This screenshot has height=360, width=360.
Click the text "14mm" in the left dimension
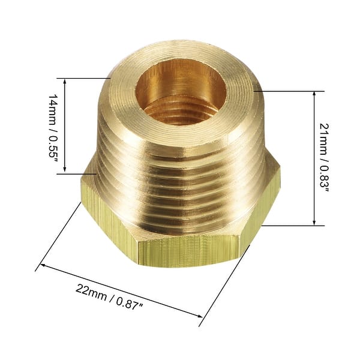pyautogui.click(x=53, y=105)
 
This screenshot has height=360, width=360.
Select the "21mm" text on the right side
pyautogui.click(x=325, y=137)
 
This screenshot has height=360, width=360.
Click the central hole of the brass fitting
pyautogui.click(x=180, y=93)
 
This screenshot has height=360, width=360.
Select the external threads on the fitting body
pyautogui.click(x=180, y=180)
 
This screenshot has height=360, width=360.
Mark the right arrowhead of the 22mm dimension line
pyautogui.click(x=200, y=316)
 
